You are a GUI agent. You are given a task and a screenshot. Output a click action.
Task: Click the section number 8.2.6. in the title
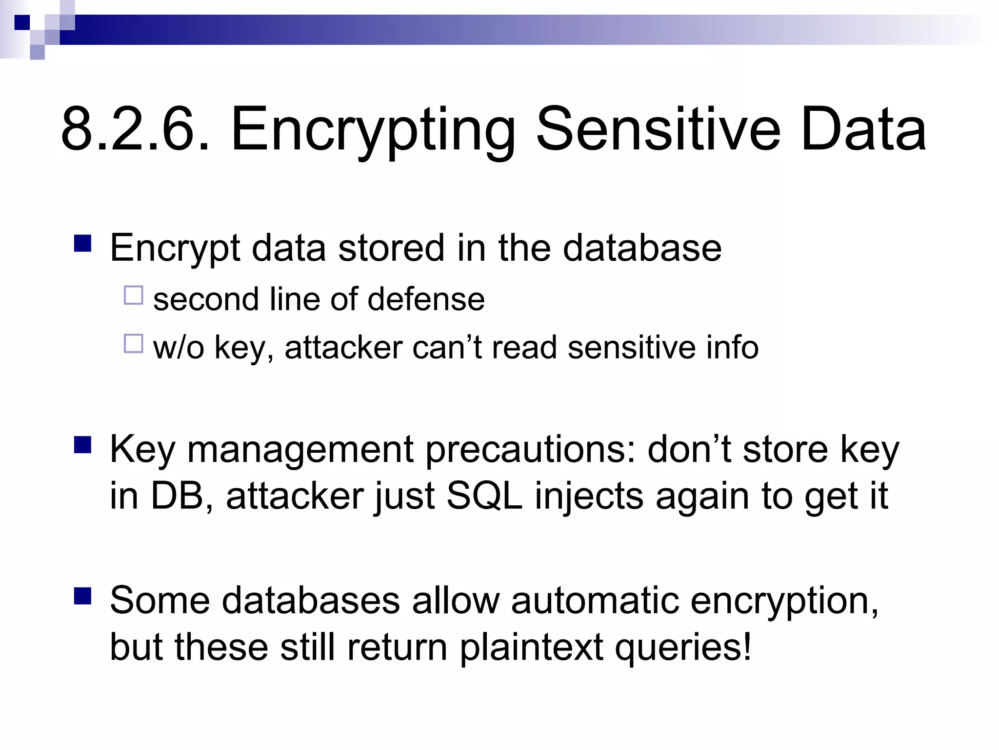(x=136, y=130)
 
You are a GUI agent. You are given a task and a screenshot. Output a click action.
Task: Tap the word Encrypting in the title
(x=373, y=130)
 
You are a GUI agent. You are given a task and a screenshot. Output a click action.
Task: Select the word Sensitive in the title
(x=658, y=130)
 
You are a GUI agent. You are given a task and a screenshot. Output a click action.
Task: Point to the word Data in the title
(x=863, y=130)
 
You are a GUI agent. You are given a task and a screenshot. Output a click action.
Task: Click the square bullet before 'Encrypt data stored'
(x=83, y=243)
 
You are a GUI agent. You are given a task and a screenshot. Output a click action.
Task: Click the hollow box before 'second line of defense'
(x=133, y=295)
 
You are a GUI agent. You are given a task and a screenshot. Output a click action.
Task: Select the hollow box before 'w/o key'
(x=133, y=343)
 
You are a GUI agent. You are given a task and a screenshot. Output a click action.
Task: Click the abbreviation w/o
(x=179, y=348)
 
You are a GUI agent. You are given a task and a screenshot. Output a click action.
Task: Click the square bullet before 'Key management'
(x=83, y=445)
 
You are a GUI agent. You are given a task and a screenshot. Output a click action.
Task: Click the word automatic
(x=595, y=600)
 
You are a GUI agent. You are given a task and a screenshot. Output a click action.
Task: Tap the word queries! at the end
(x=683, y=647)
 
